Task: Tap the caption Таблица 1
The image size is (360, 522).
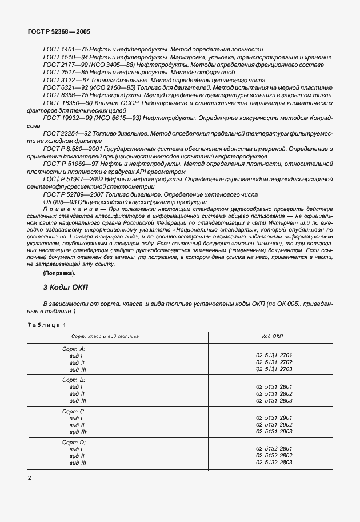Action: point(47,325)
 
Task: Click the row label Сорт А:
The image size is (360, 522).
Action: point(73,348)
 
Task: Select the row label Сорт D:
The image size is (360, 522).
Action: point(73,443)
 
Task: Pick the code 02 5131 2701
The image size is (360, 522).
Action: point(274,356)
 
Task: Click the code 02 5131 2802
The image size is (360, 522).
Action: point(274,394)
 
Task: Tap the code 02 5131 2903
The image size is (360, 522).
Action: point(274,432)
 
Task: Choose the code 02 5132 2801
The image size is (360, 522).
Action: point(274,449)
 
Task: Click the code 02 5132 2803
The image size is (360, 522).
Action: point(274,462)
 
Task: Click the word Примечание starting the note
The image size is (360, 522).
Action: point(66,210)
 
